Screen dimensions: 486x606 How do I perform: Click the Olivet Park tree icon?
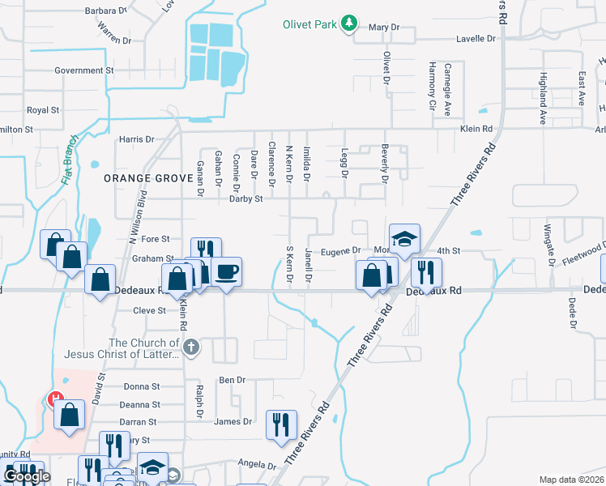pyautogui.click(x=349, y=23)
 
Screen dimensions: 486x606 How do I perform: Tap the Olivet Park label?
pyautogui.click(x=309, y=24)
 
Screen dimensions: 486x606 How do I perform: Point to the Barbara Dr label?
pyautogui.click(x=106, y=11)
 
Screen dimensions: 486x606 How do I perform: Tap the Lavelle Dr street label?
pyautogui.click(x=476, y=38)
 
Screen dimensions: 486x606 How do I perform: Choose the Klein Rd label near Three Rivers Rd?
pyautogui.click(x=476, y=129)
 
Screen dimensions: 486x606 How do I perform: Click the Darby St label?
pyautogui.click(x=246, y=198)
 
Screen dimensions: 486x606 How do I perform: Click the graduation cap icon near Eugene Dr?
pyautogui.click(x=404, y=238)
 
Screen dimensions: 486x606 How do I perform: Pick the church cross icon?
pyautogui.click(x=191, y=348)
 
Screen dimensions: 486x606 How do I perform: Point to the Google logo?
pyautogui.click(x=26, y=477)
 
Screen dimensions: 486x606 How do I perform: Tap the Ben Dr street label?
pyautogui.click(x=232, y=379)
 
